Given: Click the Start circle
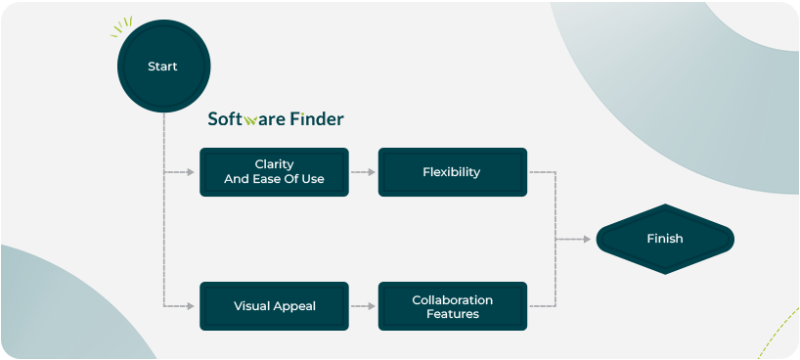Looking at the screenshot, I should [162, 67].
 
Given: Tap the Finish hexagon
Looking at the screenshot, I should [664, 239].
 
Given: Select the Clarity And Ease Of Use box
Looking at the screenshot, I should [274, 171].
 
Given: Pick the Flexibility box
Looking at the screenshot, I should [452, 171].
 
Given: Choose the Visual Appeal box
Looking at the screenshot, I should [274, 305].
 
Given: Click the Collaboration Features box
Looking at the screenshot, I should [452, 305].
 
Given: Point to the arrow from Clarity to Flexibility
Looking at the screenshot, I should [363, 172].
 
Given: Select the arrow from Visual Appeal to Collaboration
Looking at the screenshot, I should [363, 306].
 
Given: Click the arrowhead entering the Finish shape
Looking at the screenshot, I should [589, 239].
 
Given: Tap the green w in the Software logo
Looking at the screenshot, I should [251, 121].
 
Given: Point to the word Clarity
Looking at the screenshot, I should [274, 164].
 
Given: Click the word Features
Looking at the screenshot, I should [452, 314].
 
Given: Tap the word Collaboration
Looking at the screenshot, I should [452, 299].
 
